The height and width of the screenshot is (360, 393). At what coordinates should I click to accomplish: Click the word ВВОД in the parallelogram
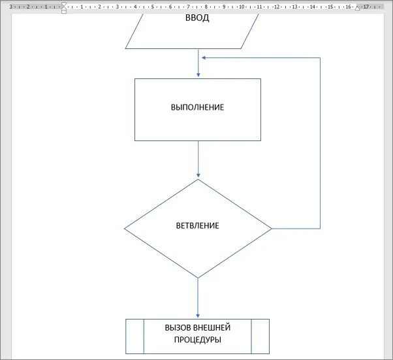click(198, 18)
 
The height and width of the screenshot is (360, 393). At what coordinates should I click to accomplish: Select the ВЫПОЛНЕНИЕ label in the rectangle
click(197, 107)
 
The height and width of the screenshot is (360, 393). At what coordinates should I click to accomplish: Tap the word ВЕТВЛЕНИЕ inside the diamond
click(197, 226)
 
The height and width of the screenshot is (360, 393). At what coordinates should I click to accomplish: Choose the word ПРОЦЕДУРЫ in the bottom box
click(197, 340)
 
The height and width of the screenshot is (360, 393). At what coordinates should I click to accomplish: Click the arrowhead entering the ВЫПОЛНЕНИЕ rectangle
click(198, 75)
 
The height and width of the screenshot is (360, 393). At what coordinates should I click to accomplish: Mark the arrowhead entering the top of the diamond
click(198, 176)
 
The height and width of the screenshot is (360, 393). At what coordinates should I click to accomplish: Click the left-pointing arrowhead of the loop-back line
click(205, 57)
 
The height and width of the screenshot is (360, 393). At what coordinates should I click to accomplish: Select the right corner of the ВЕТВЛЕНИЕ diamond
click(271, 229)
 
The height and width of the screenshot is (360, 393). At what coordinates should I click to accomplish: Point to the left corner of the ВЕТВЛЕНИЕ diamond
click(125, 229)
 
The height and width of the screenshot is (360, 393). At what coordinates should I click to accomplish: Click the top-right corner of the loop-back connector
click(320, 57)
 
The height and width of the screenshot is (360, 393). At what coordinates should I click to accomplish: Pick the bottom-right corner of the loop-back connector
click(320, 229)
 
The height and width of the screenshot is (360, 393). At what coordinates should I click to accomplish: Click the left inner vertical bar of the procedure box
click(144, 336)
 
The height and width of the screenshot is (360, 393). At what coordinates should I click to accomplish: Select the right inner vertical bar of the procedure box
click(251, 336)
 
